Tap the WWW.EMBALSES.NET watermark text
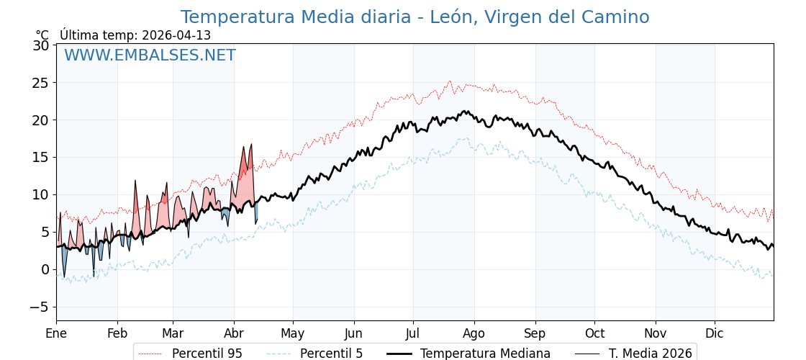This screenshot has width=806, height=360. (x=150, y=55)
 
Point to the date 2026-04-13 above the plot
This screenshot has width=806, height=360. (x=176, y=35)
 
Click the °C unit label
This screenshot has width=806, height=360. (x=42, y=35)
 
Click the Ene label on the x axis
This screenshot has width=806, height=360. (x=56, y=333)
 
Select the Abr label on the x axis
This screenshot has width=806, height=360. (x=234, y=333)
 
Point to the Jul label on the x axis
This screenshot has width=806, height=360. (x=413, y=333)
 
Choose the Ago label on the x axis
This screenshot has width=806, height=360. (x=474, y=333)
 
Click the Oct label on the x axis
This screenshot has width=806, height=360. (x=594, y=333)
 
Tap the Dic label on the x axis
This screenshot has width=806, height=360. (x=715, y=333)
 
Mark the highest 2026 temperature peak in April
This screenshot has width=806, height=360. (x=251, y=144)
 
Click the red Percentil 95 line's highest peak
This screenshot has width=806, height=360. (x=450, y=81)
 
